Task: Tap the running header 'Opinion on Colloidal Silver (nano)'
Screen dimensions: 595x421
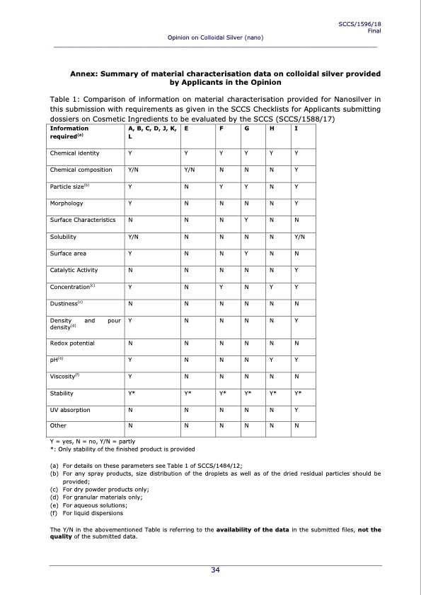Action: (215, 37)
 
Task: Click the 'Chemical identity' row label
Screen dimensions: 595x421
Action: (74, 153)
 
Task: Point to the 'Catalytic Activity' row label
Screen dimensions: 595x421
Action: (74, 270)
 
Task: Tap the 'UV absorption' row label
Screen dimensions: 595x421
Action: (70, 409)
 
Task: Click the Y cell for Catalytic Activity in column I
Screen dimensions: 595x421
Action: (296, 270)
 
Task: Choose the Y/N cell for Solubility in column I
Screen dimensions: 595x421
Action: (299, 237)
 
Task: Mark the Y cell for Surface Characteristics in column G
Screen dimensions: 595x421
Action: (246, 220)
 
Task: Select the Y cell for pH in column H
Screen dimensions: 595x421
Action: (271, 360)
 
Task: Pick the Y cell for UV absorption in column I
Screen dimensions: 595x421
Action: (296, 409)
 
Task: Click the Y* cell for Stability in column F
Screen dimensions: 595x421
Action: (223, 393)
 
